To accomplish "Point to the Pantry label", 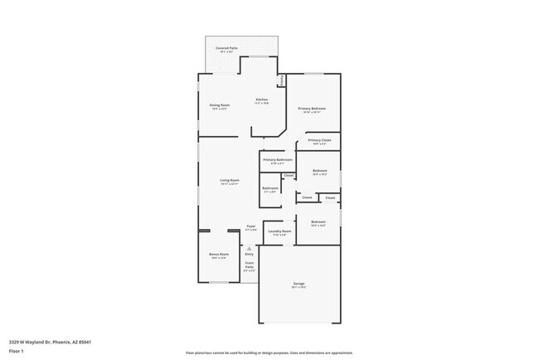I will tap(282, 80).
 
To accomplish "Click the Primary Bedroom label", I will tap(313, 109).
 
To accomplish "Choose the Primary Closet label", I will tap(319, 141).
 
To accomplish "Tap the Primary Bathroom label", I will tap(277, 159).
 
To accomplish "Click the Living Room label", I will tap(230, 181).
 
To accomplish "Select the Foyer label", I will tap(250, 226).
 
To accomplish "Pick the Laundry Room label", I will tap(279, 231).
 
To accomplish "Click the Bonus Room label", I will tap(219, 254).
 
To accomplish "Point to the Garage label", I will tap(299, 285).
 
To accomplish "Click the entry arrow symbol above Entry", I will tap(250, 246).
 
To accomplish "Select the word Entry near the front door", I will tap(250, 254).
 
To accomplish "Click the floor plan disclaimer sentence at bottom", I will tap(269, 352).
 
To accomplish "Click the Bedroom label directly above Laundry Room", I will tap(318, 222).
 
